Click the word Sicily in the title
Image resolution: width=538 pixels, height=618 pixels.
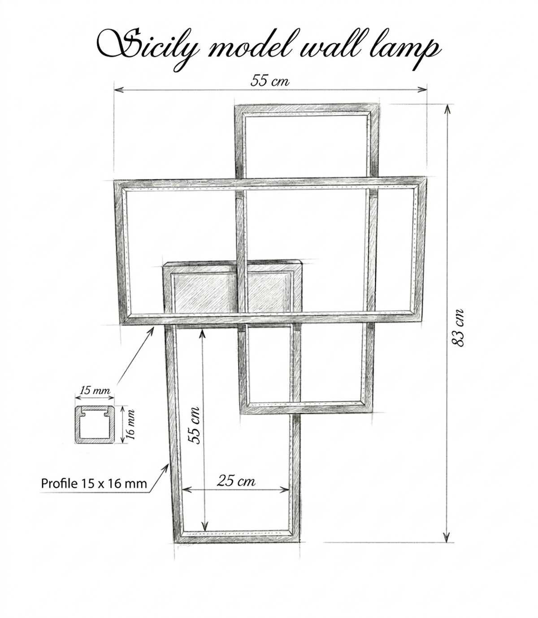coord(149,48)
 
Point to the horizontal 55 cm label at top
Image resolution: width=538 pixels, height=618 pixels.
coord(269,81)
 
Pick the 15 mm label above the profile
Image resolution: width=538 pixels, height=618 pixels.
coord(95,390)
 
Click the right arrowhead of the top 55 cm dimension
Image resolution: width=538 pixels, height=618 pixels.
coord(422,89)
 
